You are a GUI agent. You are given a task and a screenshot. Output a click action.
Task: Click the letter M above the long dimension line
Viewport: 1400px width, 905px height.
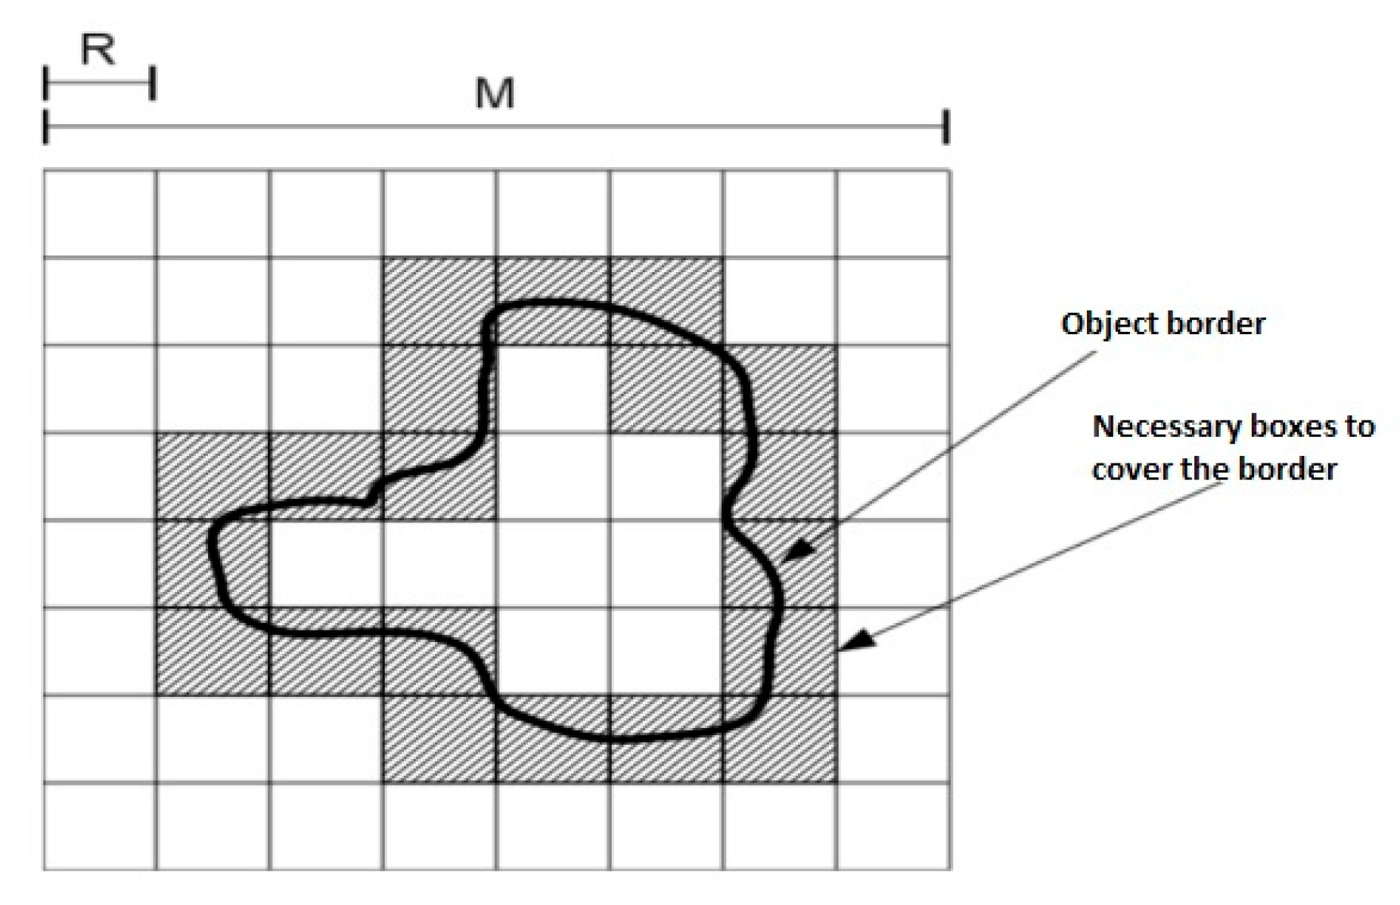495,95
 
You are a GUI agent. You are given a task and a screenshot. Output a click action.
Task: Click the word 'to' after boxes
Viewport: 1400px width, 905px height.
1360,427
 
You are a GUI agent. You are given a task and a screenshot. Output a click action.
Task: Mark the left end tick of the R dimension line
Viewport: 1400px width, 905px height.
46,83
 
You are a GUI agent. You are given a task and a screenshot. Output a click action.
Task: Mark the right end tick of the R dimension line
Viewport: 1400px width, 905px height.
152,83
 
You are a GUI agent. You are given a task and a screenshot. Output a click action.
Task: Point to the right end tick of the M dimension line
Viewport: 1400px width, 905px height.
945,126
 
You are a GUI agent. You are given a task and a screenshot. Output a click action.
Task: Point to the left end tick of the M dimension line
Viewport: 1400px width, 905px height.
46,126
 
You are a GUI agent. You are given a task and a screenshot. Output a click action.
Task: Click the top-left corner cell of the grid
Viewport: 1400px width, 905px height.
100,214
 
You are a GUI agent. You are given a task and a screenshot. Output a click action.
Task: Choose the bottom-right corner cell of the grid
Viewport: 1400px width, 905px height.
893,826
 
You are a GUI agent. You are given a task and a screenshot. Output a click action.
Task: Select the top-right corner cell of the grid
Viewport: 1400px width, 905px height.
893,214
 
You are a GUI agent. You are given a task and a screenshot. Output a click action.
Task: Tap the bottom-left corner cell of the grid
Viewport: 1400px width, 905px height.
100,826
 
